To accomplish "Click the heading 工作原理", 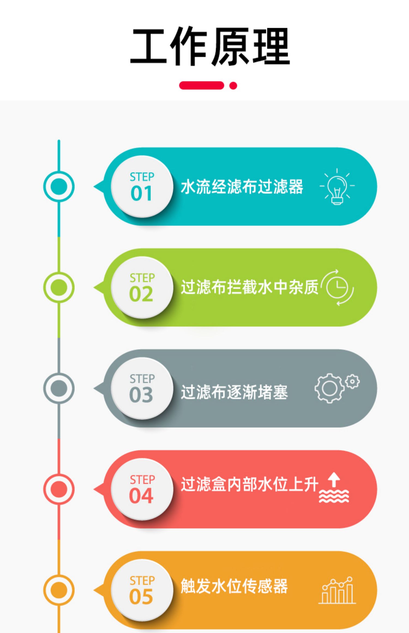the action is pyautogui.click(x=210, y=46).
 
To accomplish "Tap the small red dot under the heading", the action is pyautogui.click(x=233, y=86).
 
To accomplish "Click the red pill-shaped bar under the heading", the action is pyautogui.click(x=202, y=85).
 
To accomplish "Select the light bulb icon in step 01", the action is pyautogui.click(x=337, y=186).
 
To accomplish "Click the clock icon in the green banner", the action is pyautogui.click(x=337, y=287).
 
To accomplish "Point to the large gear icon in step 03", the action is pyautogui.click(x=329, y=388).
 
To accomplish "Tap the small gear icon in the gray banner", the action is pyautogui.click(x=353, y=381).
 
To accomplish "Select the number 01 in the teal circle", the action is pyautogui.click(x=141, y=194).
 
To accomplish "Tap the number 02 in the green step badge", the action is pyautogui.click(x=141, y=294).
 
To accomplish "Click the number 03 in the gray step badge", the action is pyautogui.click(x=141, y=395).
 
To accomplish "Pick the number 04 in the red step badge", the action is pyautogui.click(x=141, y=496).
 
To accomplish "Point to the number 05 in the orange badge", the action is pyautogui.click(x=141, y=597).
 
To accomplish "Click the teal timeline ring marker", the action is pyautogui.click(x=59, y=186).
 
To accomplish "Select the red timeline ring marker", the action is pyautogui.click(x=59, y=489).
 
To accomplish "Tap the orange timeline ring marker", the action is pyautogui.click(x=59, y=590).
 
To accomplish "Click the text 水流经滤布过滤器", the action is pyautogui.click(x=242, y=187).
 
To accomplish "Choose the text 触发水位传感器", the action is pyautogui.click(x=234, y=586).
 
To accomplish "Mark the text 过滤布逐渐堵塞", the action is pyautogui.click(x=234, y=392).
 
